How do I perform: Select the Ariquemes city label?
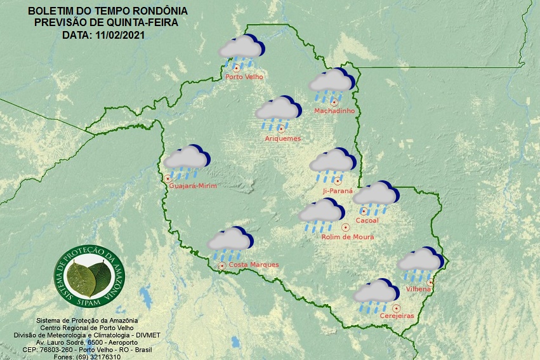(x=282, y=138)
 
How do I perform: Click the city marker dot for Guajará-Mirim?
(x=168, y=178)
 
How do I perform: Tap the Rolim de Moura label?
(x=348, y=237)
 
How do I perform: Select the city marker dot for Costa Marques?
(x=222, y=265)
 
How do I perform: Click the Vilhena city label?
(x=418, y=290)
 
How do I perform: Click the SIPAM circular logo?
(x=89, y=274)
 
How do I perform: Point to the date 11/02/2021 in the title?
(x=121, y=35)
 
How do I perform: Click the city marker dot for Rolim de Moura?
(x=345, y=227)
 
